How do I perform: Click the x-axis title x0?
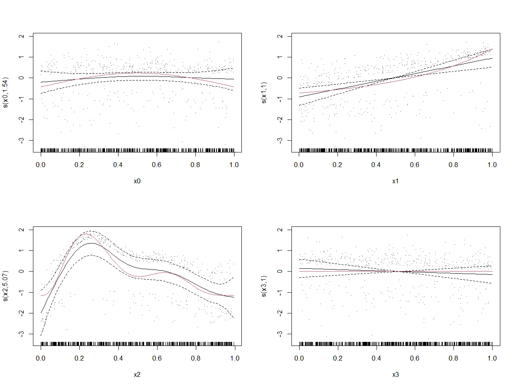coord(137,181)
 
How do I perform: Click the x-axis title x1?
coord(395,181)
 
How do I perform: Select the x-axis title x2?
coord(137,375)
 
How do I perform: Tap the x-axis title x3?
coord(395,375)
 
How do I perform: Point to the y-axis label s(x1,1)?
coord(264,93)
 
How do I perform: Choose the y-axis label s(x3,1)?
coord(264,286)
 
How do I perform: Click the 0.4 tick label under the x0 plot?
coord(118,165)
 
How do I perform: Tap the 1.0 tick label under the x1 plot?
coord(492,165)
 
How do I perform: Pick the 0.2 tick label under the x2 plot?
coord(79,359)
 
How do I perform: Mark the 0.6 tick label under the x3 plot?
coord(415,359)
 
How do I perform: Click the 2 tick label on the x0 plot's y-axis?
coord(21,36)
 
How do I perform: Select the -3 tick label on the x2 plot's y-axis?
coord(21,334)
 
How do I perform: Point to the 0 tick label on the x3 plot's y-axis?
coord(279,271)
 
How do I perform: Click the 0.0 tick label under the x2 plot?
coord(41,359)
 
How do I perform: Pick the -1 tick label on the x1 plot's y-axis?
coord(279,99)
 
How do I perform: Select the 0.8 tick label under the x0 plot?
coord(195,165)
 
